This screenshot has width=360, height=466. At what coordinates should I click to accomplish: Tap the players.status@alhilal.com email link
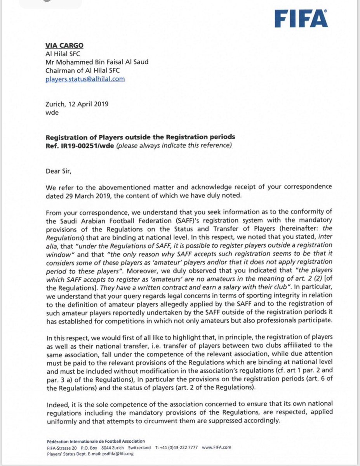point(85,79)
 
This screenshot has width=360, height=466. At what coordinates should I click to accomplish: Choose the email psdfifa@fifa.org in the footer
point(118,453)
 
